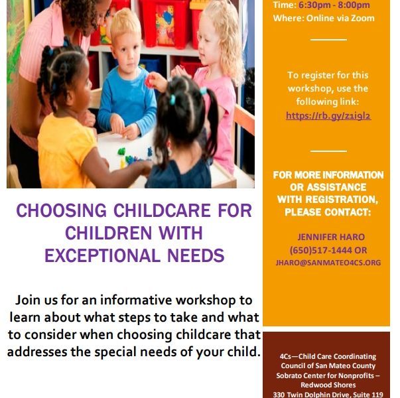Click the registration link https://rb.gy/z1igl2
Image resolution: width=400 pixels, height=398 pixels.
(x=328, y=115)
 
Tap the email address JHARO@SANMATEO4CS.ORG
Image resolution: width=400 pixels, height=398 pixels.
(x=328, y=263)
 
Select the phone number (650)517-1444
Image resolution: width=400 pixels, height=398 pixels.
(x=320, y=250)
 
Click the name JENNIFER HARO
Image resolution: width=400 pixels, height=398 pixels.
(x=331, y=237)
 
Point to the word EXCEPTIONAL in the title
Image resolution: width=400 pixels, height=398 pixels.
(x=103, y=255)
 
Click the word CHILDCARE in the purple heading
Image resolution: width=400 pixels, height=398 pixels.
(x=162, y=211)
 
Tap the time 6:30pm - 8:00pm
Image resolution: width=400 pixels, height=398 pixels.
(x=334, y=5)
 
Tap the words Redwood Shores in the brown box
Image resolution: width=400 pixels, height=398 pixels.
(x=328, y=385)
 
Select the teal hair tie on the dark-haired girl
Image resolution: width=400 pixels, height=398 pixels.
(x=172, y=99)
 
